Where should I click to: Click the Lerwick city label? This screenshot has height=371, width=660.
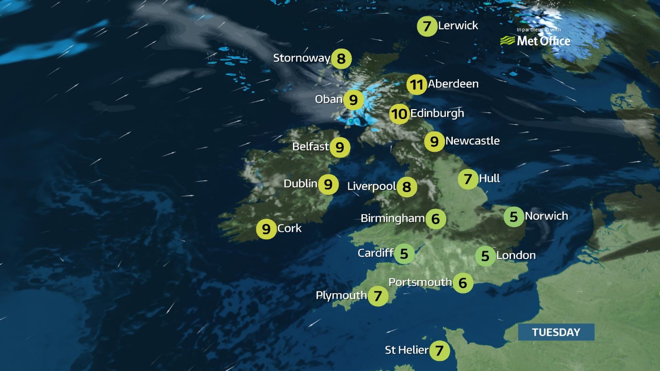point(458,26)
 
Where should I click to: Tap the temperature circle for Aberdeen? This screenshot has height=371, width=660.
point(416,85)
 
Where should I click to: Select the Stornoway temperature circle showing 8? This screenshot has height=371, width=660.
point(341,59)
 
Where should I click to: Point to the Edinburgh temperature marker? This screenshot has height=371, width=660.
point(399,114)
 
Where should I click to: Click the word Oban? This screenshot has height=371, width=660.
point(329,99)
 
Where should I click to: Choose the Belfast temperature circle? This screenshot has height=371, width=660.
point(340,148)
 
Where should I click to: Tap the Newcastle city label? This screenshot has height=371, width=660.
point(472,141)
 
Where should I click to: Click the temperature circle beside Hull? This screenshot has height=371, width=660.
point(467,179)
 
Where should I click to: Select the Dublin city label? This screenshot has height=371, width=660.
point(300,184)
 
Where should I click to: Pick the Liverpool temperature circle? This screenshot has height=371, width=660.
point(406,187)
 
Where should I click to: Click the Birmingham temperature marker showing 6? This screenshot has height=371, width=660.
point(435,219)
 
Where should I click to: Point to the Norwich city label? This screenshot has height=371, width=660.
point(546,216)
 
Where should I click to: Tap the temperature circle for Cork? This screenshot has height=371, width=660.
point(266,230)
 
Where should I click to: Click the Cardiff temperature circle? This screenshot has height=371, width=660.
point(404,254)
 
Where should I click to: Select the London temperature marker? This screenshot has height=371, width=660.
point(485,256)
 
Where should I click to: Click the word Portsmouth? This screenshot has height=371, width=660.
point(420,282)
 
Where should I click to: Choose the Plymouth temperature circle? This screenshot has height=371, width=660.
point(378,296)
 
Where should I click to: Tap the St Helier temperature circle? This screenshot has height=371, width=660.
point(439,350)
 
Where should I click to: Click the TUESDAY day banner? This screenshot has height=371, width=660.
point(556,332)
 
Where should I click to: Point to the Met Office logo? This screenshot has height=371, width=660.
point(535,41)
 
